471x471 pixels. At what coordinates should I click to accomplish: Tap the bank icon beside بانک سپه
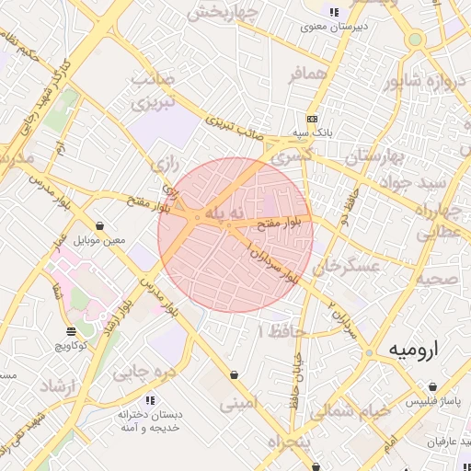click(x=312, y=119)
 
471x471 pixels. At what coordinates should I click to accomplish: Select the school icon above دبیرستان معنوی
click(x=333, y=12)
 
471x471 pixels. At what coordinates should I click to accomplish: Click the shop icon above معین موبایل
click(x=98, y=226)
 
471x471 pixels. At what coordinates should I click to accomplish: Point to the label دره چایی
click(x=143, y=373)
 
